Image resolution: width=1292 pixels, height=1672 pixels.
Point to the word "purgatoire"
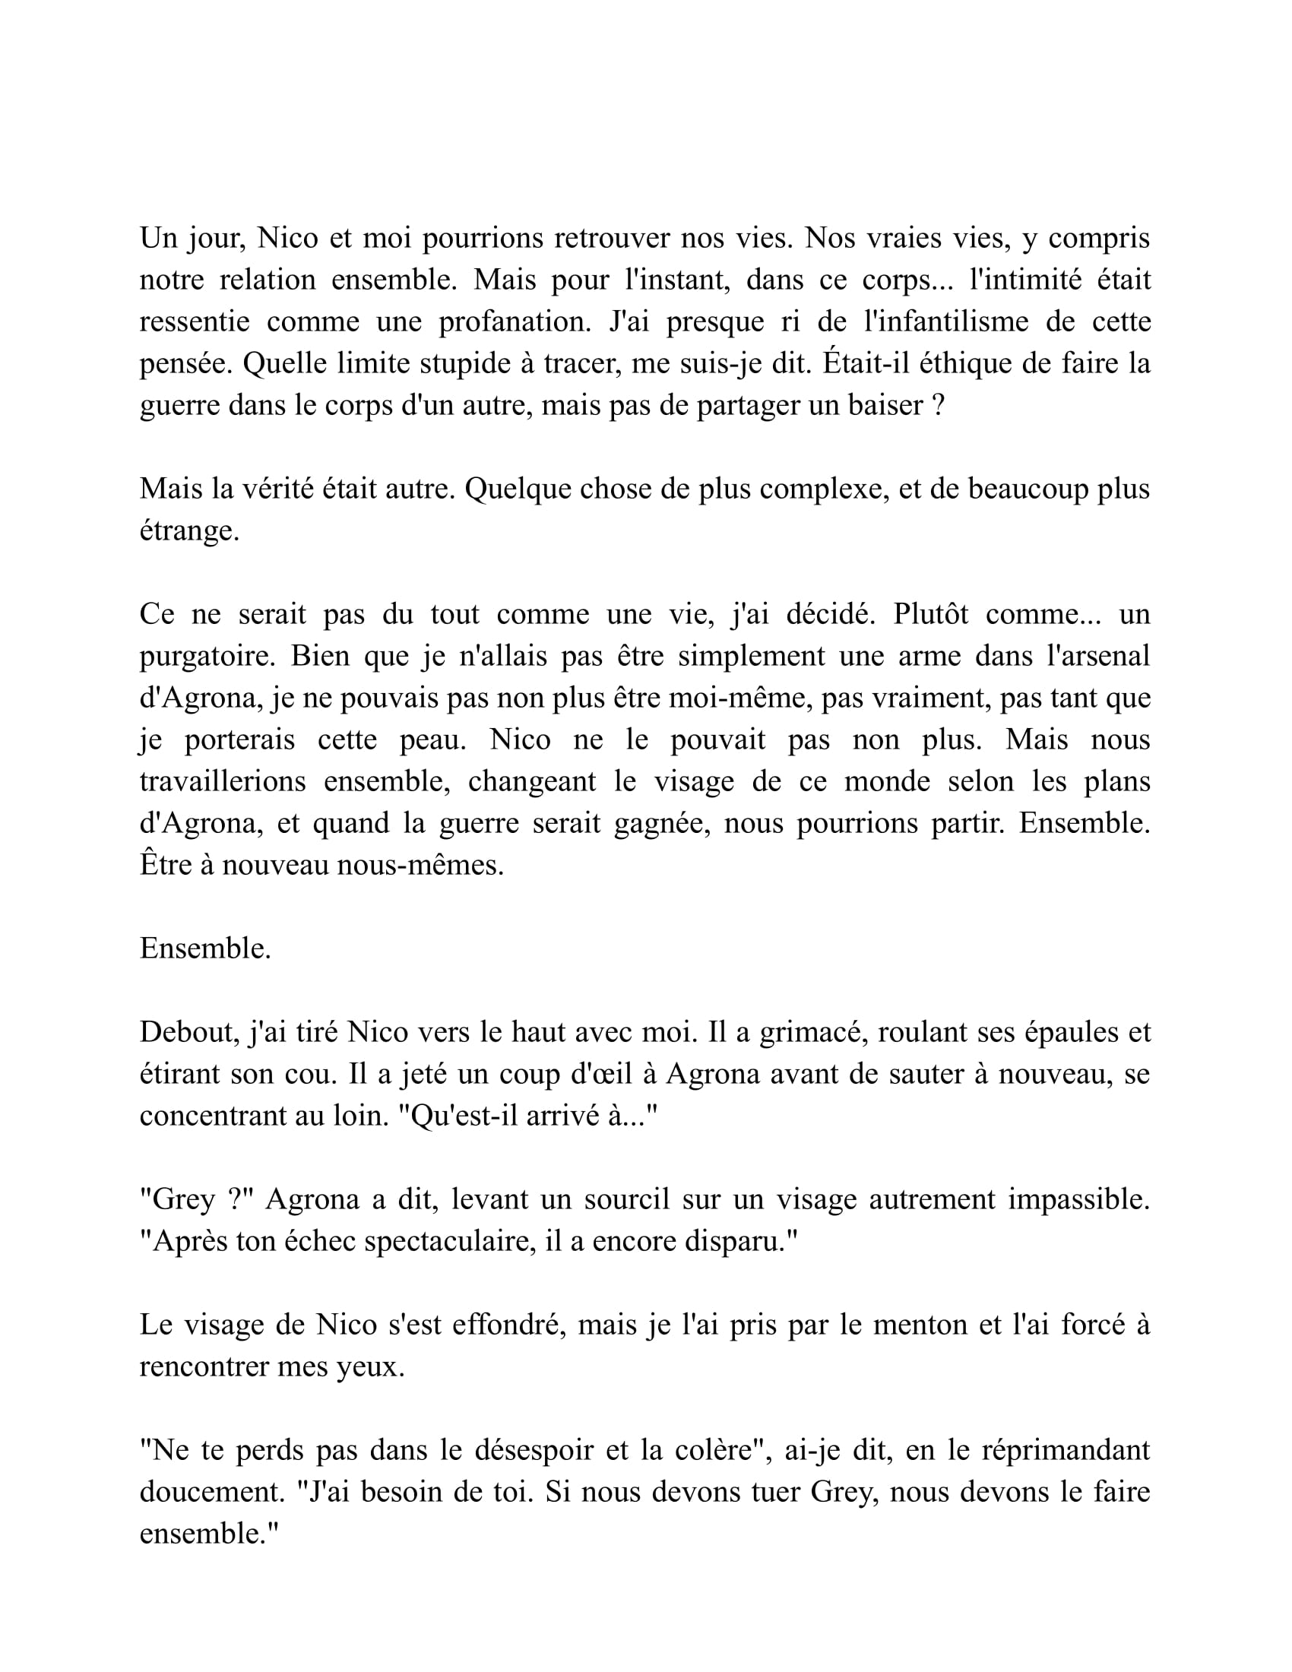(203, 656)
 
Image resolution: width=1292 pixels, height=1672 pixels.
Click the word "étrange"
(188, 530)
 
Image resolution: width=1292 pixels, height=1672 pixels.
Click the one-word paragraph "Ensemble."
(205, 948)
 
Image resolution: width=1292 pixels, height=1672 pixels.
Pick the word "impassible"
(1078, 1199)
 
